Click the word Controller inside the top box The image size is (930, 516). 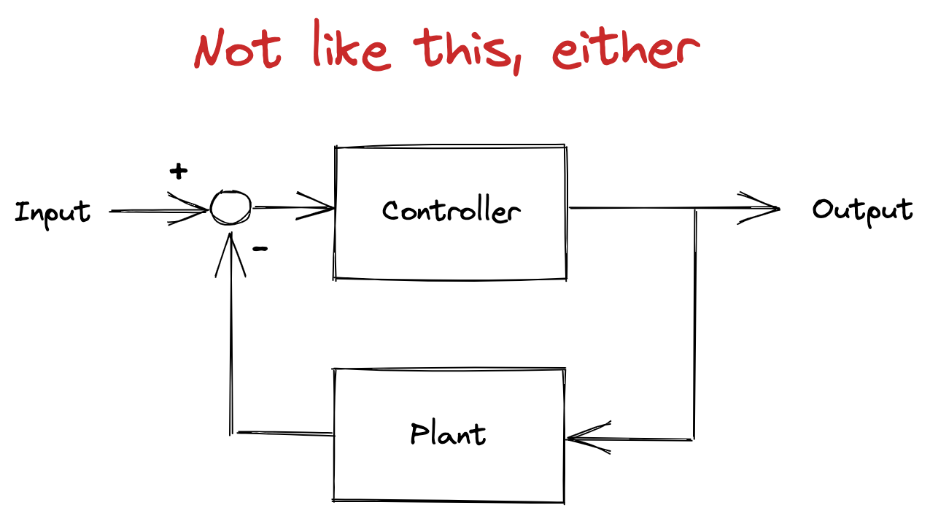pyautogui.click(x=452, y=211)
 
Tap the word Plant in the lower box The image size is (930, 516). pyautogui.click(x=448, y=434)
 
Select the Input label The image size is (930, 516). pyautogui.click(x=53, y=212)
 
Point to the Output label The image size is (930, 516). pyautogui.click(x=862, y=211)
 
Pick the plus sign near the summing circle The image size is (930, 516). pyautogui.click(x=178, y=172)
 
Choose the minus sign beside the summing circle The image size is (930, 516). pyautogui.click(x=260, y=249)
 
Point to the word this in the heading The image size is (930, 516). pyautogui.click(x=462, y=49)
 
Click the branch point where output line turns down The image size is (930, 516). pyautogui.click(x=695, y=209)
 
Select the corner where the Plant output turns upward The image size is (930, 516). pyautogui.click(x=232, y=433)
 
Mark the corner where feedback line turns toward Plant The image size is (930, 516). pyautogui.click(x=694, y=439)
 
